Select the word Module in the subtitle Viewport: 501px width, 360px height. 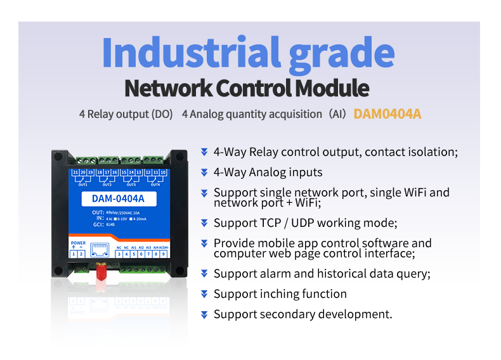coord(334,88)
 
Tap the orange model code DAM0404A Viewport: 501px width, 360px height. coord(387,114)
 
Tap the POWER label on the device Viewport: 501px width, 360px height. coord(78,243)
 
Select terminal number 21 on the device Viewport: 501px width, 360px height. coord(75,172)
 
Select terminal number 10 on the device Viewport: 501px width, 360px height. coord(165,172)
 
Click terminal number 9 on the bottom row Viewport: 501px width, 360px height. coord(164,254)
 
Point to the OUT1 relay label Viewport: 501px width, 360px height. coord(83,184)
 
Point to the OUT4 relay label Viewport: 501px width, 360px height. coord(155,184)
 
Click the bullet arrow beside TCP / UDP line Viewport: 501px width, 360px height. coord(204,223)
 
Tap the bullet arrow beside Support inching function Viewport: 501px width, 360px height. coord(204,294)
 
